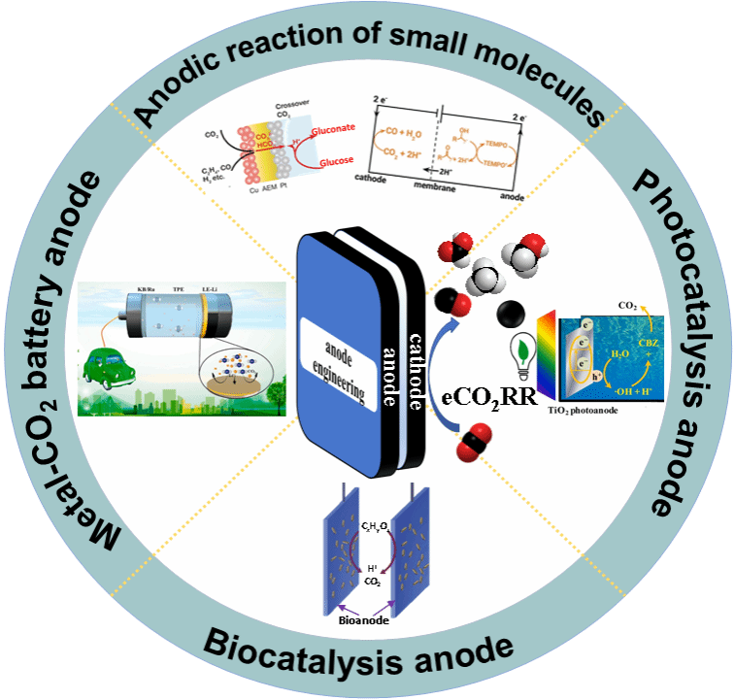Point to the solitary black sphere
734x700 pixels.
(510, 314)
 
